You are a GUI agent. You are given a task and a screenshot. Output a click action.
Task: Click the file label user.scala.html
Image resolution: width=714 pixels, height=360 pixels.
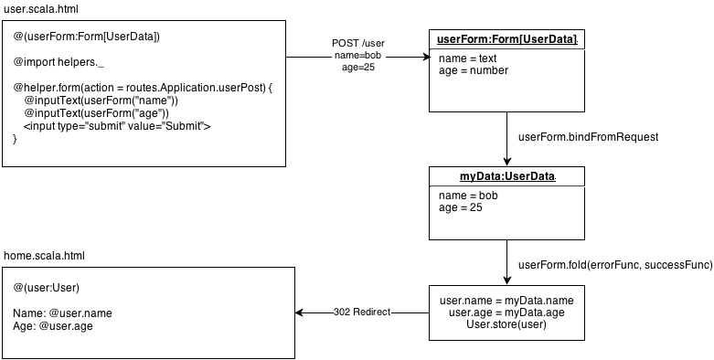(x=40, y=9)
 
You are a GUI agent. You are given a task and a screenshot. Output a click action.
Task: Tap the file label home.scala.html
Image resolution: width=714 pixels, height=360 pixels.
(x=44, y=256)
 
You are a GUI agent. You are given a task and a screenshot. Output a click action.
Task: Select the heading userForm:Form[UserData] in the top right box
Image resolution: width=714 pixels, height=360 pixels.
(x=506, y=39)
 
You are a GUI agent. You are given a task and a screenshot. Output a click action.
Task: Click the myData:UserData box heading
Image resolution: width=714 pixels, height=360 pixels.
(x=506, y=176)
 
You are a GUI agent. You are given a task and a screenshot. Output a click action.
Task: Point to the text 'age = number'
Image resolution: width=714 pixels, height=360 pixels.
(x=474, y=70)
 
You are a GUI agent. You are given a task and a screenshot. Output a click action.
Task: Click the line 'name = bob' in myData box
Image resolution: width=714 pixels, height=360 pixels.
(x=468, y=196)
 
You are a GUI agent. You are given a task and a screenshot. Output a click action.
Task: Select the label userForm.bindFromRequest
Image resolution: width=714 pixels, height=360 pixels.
(x=589, y=137)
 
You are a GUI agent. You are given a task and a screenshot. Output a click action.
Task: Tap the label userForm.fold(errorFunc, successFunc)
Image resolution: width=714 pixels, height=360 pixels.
(x=615, y=265)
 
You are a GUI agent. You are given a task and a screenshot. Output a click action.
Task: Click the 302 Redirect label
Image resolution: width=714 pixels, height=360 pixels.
(x=362, y=312)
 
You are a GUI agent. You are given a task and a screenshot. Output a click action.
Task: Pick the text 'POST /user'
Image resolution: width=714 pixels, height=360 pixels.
(x=357, y=44)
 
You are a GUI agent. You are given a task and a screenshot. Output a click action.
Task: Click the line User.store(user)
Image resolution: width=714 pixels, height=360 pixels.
(x=506, y=324)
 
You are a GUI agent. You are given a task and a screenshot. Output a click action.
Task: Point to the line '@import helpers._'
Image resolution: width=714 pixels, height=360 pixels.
(x=59, y=62)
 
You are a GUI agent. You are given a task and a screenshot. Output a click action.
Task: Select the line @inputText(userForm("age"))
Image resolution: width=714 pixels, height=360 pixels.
(x=96, y=113)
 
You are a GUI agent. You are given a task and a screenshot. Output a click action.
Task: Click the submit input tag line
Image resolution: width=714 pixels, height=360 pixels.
(x=117, y=126)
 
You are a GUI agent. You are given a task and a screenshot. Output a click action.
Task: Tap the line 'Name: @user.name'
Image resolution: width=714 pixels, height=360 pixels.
(x=62, y=313)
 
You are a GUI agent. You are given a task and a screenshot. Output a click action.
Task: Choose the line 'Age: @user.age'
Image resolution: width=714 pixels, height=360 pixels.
(x=53, y=326)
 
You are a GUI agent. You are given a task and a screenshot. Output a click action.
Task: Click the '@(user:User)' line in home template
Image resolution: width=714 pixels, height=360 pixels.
(x=46, y=288)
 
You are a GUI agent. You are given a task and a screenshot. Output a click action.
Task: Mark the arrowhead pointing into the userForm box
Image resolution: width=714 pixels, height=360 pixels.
(x=426, y=57)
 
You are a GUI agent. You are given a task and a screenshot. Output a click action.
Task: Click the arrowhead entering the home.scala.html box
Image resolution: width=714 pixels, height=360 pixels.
(x=299, y=312)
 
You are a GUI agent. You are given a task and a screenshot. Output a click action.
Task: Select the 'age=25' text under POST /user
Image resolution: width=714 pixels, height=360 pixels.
(x=357, y=68)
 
